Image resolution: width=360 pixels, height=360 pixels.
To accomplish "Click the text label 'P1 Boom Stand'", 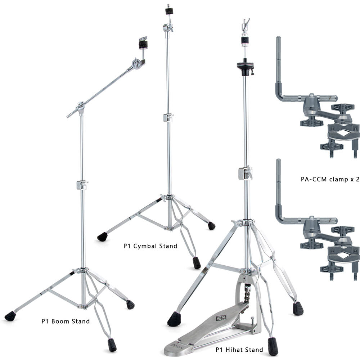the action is click(66, 321).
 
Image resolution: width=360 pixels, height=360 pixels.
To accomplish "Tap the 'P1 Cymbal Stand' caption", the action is click(150, 246).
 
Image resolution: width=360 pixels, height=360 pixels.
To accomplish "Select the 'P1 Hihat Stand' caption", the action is click(239, 350).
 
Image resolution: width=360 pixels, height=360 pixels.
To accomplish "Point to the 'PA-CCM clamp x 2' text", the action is click(330, 179).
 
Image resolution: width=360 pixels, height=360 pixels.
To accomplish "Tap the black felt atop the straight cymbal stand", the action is click(169, 11).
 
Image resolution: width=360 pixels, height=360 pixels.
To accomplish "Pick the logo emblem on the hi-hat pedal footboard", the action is click(221, 318).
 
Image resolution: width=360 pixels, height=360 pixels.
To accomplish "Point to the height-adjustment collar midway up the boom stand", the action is click(82, 185).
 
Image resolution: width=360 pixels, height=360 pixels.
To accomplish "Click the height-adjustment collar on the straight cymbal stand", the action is click(168, 118).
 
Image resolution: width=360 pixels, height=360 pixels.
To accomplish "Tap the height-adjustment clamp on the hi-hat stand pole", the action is click(245, 173).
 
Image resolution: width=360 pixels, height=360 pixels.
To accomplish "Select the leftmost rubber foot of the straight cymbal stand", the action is click(102, 237).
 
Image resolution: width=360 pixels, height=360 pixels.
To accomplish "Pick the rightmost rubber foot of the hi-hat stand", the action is click(298, 309).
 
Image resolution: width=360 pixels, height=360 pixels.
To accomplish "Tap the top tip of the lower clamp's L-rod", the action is click(279, 160).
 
